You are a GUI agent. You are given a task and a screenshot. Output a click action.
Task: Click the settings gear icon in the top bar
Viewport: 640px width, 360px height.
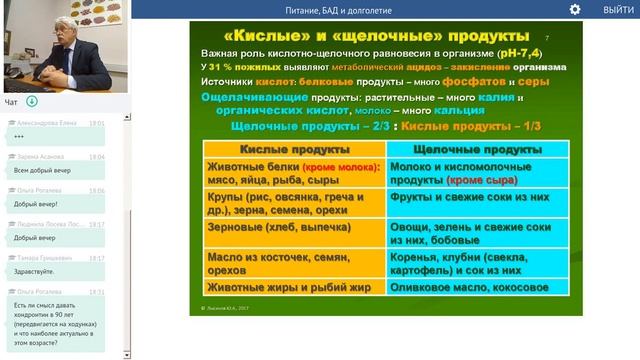pos(575,9)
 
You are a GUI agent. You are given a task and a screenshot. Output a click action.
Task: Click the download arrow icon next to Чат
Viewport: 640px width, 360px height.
pos(32,102)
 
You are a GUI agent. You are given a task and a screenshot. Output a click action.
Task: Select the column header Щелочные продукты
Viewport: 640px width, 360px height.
pos(477,149)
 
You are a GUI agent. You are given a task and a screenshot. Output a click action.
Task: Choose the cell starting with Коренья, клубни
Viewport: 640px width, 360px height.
pos(477,263)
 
